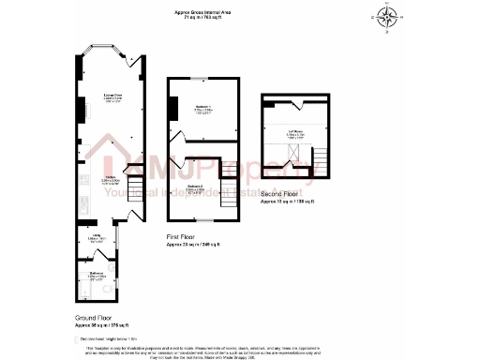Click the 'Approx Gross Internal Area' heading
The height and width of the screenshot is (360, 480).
point(205,12)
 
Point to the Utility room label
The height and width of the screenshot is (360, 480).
point(95,238)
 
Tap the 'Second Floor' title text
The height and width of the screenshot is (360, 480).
point(280,194)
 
